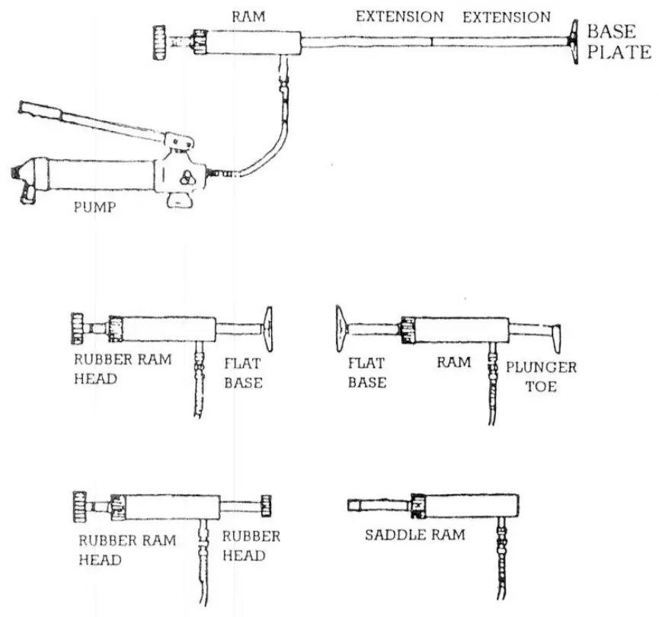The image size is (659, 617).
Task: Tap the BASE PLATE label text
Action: [x=618, y=42]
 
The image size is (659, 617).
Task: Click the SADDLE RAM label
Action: [x=414, y=535]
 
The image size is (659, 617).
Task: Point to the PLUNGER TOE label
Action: [x=541, y=376]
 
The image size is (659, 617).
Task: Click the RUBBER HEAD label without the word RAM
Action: [x=251, y=545]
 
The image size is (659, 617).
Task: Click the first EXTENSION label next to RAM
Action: [x=399, y=16]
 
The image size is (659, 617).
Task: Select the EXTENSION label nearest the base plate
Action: [x=507, y=16]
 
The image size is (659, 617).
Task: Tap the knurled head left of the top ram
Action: [x=160, y=40]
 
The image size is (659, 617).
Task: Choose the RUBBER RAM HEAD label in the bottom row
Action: [x=126, y=549]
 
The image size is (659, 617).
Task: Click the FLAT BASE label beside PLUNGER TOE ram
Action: [x=366, y=372]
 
